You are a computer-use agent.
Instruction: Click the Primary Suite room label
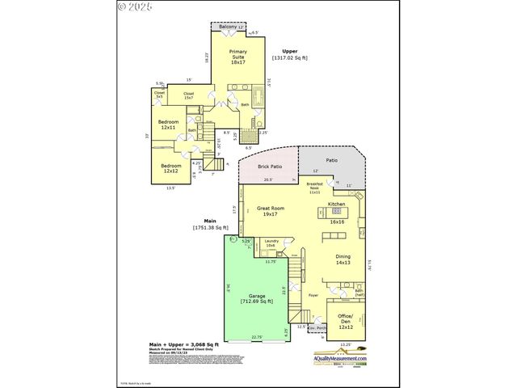pos(237,56)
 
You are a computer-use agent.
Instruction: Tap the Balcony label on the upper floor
pos(229,27)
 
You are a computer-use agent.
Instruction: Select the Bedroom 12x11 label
pos(168,124)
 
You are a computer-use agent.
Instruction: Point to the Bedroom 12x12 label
pos(170,168)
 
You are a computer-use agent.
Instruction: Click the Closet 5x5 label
pos(159,95)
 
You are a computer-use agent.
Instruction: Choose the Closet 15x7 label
pos(188,95)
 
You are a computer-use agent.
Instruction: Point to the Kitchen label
pos(336,204)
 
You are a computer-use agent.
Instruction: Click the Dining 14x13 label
pos(343,259)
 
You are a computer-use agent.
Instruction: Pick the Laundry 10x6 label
pos(271,243)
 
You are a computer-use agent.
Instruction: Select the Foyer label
pos(313,295)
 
